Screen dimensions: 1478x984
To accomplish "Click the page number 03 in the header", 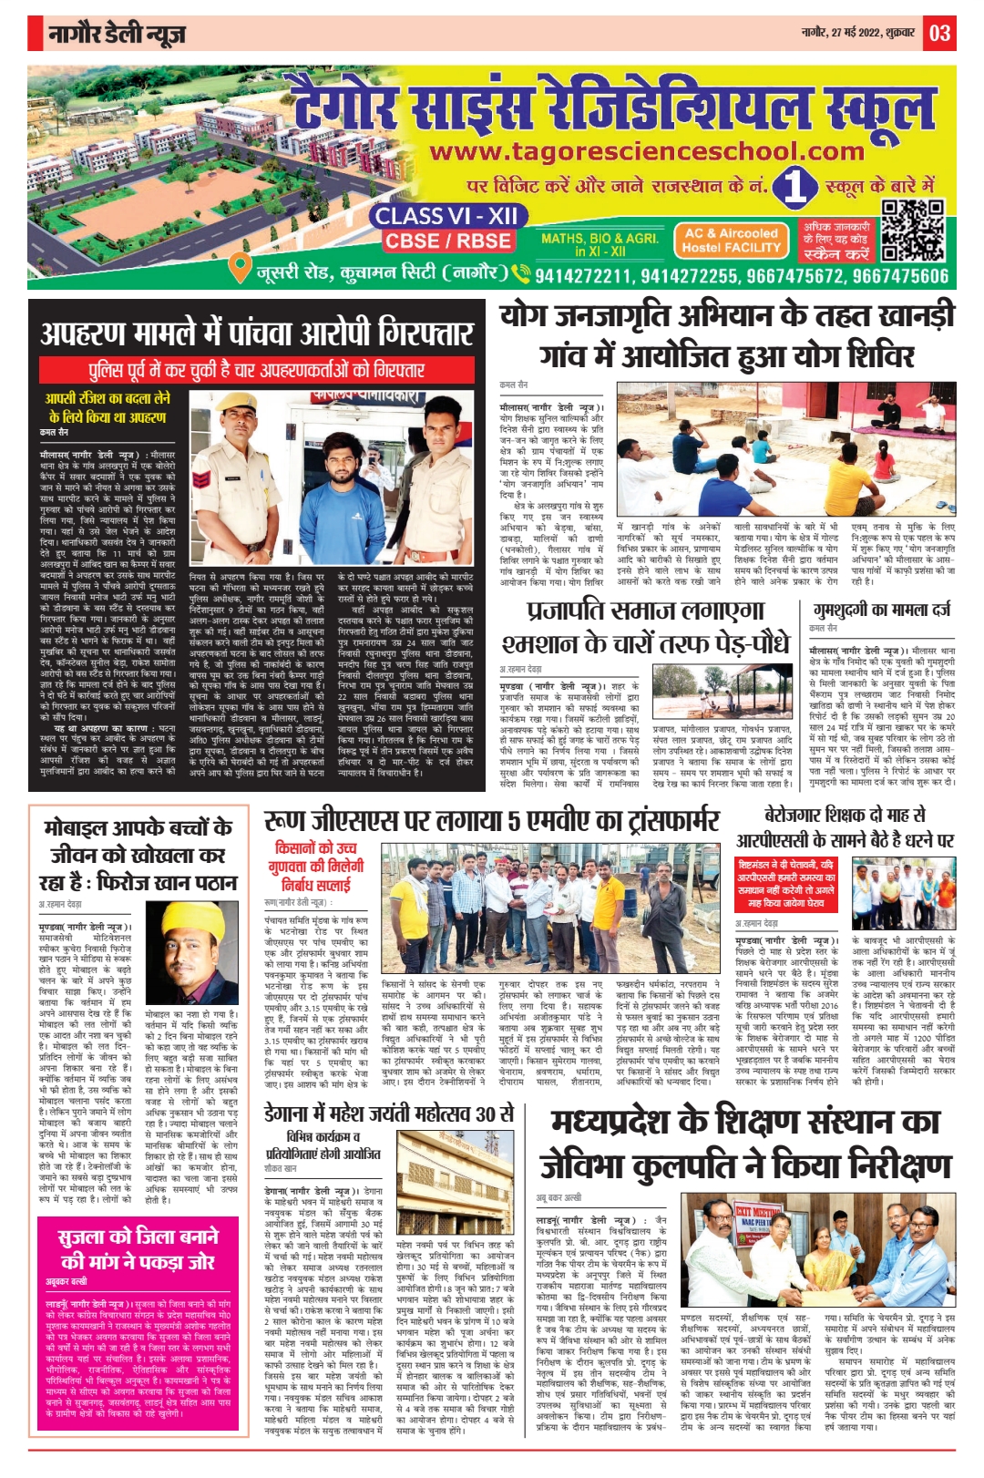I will pyautogui.click(x=939, y=34).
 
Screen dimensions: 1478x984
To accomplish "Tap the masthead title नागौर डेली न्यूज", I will pyautogui.click(x=118, y=36).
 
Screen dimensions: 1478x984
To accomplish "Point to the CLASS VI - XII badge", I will pyautogui.click(x=446, y=216).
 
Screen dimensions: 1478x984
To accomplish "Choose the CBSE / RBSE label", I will pyautogui.click(x=447, y=241).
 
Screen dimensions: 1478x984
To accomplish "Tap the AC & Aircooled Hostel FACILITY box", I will pyautogui.click(x=732, y=240).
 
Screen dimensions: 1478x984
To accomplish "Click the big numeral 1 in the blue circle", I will pyautogui.click(x=795, y=186).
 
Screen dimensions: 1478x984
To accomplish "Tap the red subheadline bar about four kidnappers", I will pyautogui.click(x=256, y=370).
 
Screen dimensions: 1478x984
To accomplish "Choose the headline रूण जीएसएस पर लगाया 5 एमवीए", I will pyautogui.click(x=492, y=820).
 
